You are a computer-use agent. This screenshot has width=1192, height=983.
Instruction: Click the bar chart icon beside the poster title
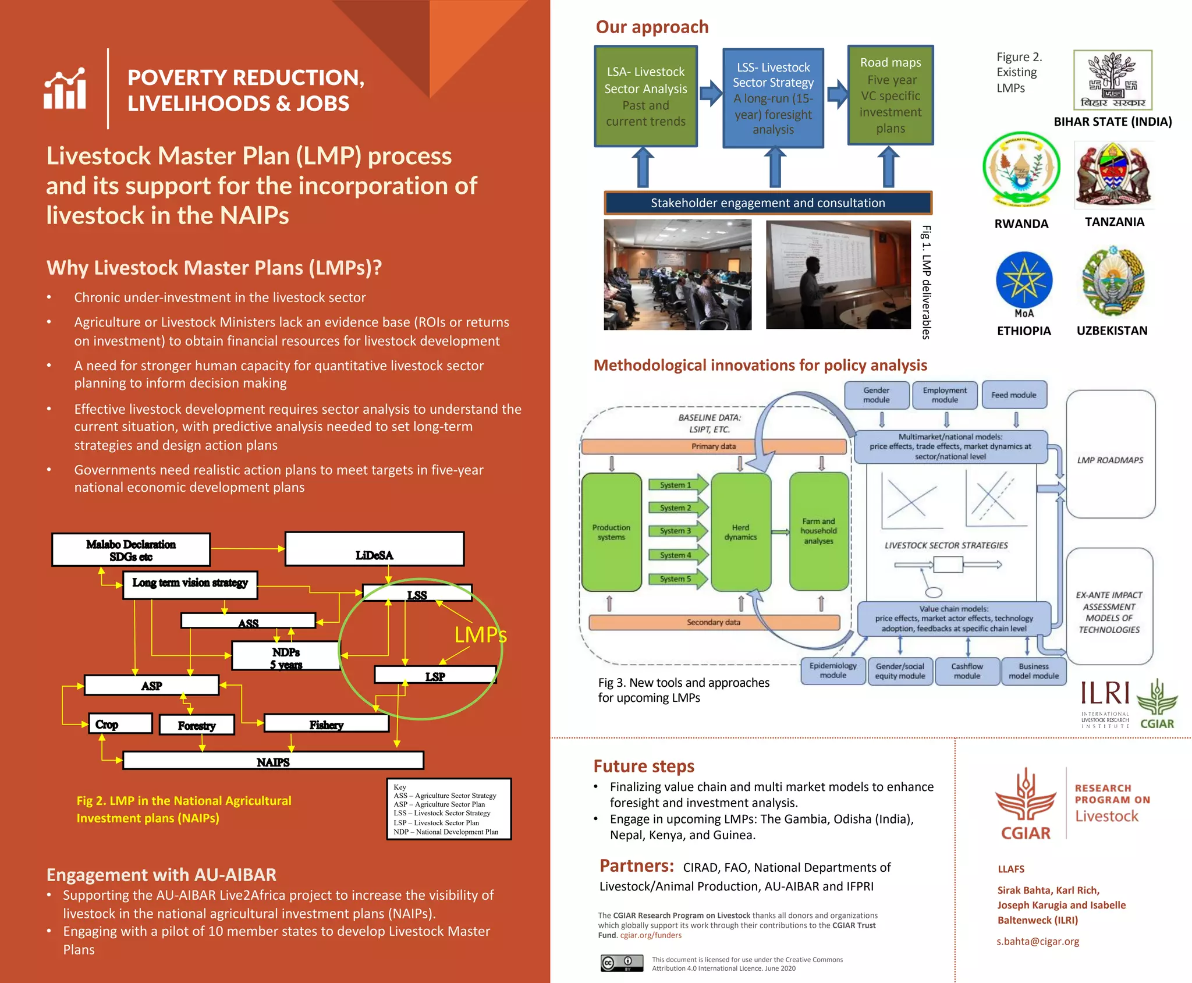pyautogui.click(x=65, y=88)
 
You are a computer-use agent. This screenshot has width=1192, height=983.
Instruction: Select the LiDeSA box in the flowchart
pyautogui.click(x=374, y=549)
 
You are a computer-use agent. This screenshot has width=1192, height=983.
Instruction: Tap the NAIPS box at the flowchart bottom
pyautogui.click(x=273, y=761)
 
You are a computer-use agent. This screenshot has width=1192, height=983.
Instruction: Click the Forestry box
pyautogui.click(x=197, y=725)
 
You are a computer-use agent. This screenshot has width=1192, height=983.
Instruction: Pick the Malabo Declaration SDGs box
pyautogui.click(x=131, y=549)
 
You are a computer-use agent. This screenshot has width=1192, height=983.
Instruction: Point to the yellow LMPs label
pyautogui.click(x=480, y=634)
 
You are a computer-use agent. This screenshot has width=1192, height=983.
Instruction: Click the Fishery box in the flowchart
pyautogui.click(x=326, y=724)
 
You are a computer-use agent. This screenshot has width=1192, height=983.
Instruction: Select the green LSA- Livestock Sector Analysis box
pyautogui.click(x=645, y=97)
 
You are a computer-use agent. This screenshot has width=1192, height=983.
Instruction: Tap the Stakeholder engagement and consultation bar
pyautogui.click(x=768, y=203)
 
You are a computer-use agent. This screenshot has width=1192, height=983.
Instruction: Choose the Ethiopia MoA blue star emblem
pyautogui.click(x=1024, y=281)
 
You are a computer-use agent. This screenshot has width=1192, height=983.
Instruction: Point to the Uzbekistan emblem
pyautogui.click(x=1113, y=281)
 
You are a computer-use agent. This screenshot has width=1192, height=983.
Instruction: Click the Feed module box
pyautogui.click(x=1014, y=395)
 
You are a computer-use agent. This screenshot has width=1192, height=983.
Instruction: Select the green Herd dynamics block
pyautogui.click(x=740, y=532)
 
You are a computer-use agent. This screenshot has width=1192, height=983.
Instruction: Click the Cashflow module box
pyautogui.click(x=967, y=671)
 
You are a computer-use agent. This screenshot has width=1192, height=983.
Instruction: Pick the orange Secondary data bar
pyautogui.click(x=714, y=622)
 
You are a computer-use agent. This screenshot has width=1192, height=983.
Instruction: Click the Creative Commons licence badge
pyautogui.click(x=622, y=963)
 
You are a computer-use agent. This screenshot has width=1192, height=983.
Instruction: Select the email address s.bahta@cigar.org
pyautogui.click(x=1038, y=941)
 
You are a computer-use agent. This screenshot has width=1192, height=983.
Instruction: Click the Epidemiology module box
pyautogui.click(x=833, y=670)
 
